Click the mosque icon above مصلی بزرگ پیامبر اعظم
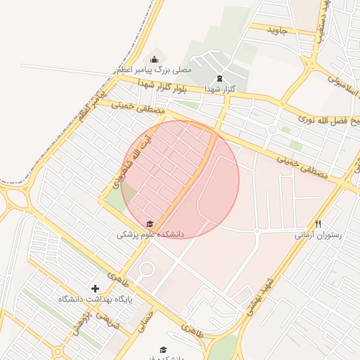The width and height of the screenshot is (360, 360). tap(155, 59)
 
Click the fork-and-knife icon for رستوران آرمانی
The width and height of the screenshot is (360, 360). tap(318, 224)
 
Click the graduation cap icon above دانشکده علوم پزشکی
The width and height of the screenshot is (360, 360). tap(150, 224)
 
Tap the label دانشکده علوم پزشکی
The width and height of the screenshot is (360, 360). tap(150, 234)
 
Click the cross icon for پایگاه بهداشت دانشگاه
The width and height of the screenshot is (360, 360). tap(96, 288)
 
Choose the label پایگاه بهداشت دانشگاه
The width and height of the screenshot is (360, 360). tap(96, 300)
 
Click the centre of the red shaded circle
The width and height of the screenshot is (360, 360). tap(180, 180)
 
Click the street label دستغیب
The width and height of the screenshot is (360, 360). tap(320, 21)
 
